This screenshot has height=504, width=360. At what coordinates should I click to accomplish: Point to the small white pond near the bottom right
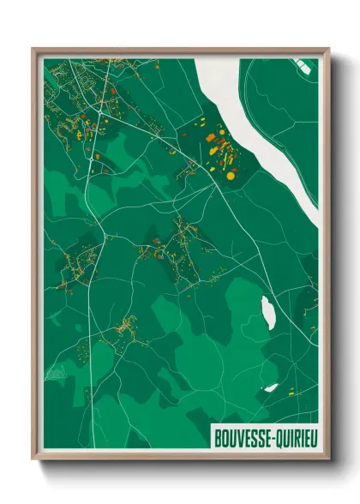coord(271,387)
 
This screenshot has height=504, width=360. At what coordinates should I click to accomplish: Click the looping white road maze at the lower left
coord(56,373)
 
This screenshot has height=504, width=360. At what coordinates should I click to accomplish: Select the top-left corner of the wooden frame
coord(33,49)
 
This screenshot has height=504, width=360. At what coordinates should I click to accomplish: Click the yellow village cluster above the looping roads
coord(127,326)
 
